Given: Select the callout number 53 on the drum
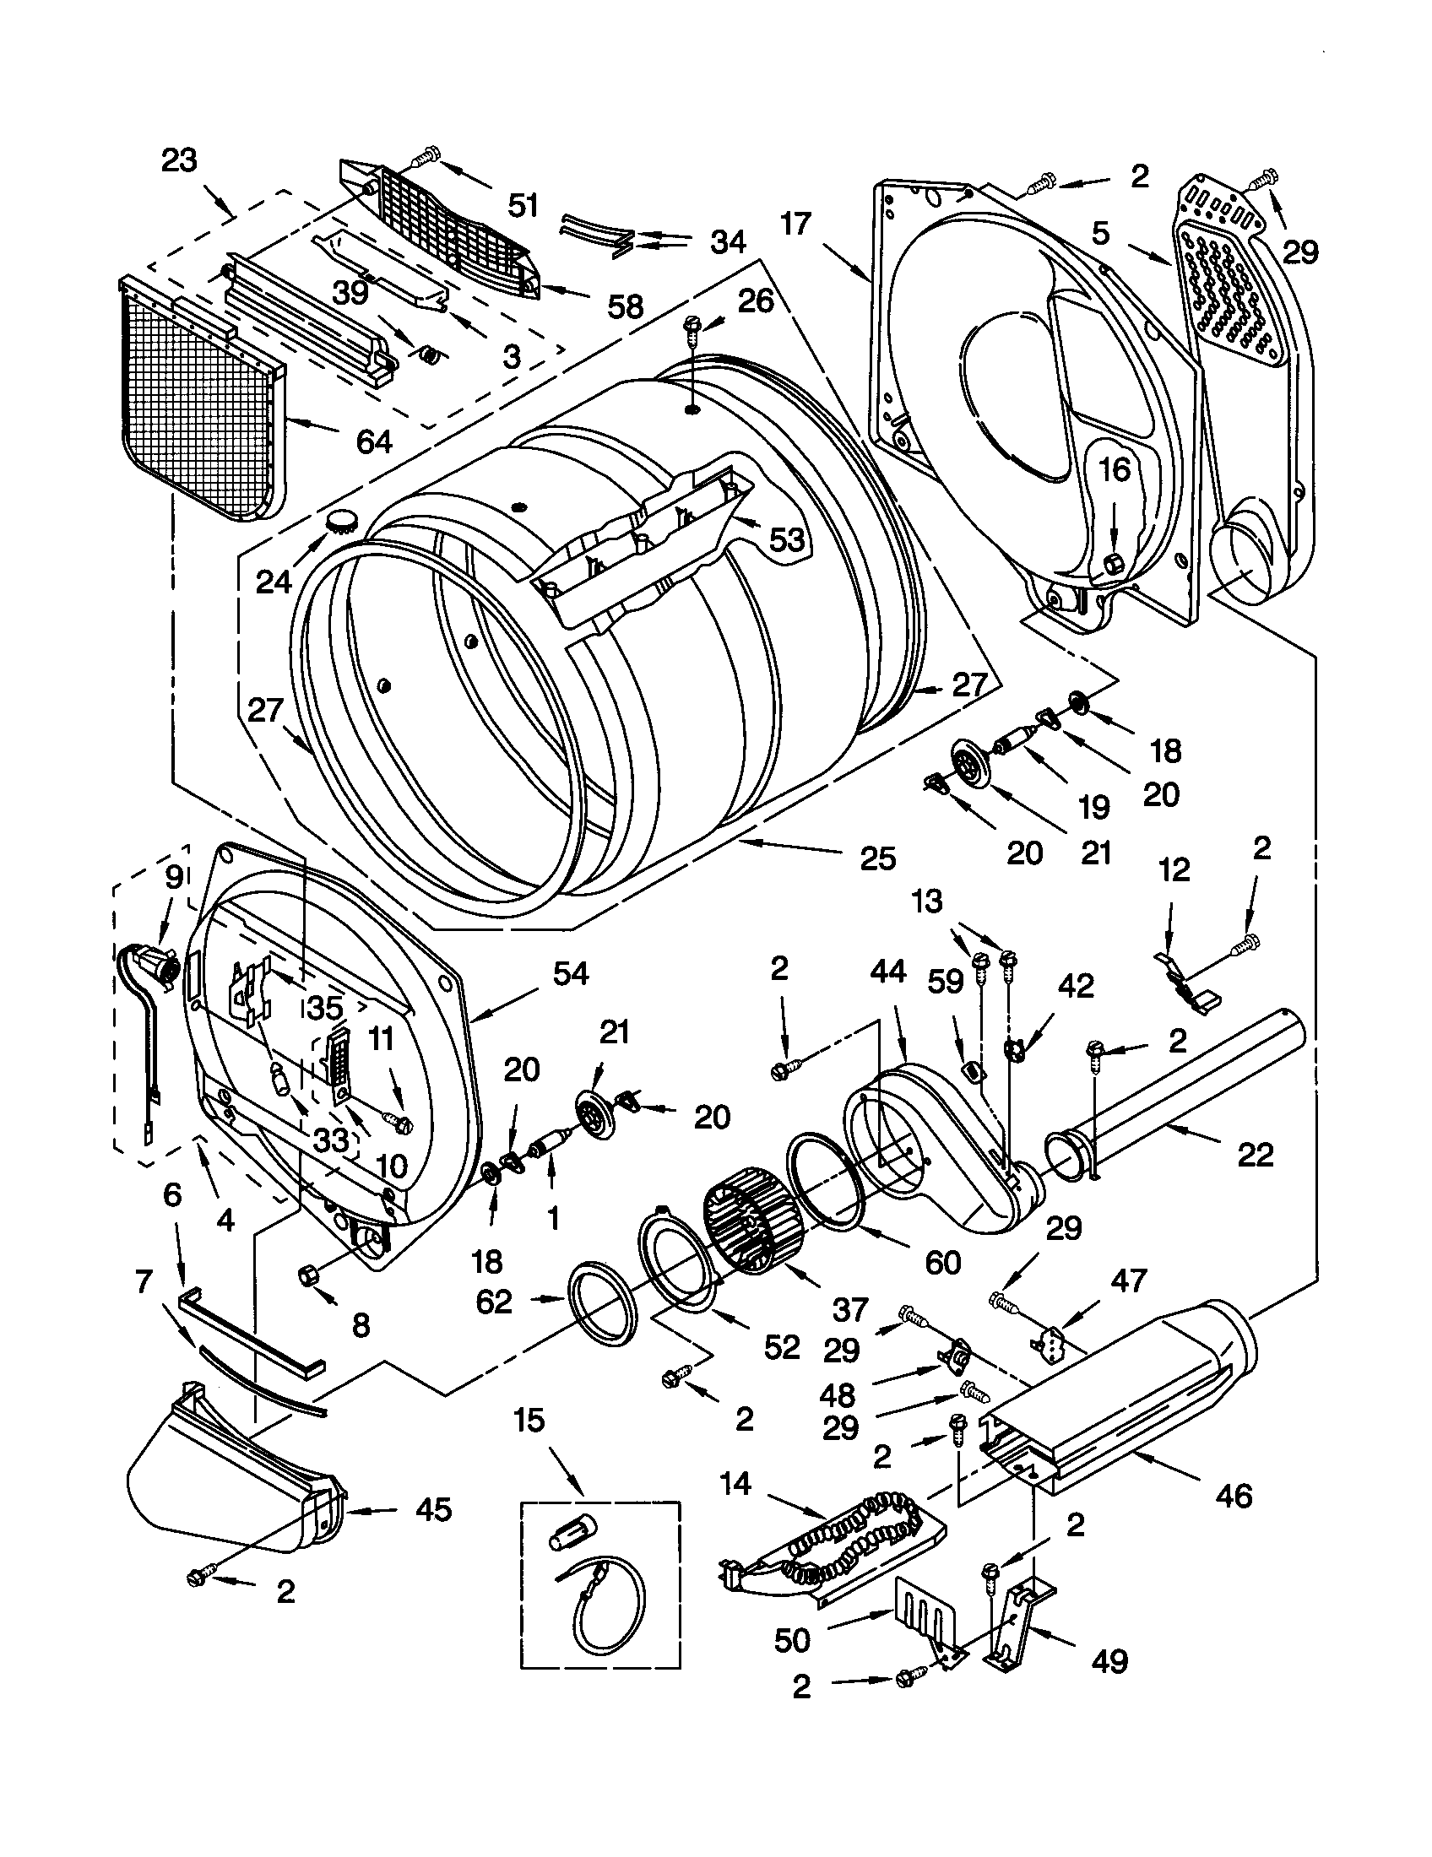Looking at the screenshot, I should (787, 539).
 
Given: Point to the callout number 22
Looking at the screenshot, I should (1256, 1154).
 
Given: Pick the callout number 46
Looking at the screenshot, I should (1234, 1494).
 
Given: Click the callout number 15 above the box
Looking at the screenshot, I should (529, 1419).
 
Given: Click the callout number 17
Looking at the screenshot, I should (796, 225).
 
